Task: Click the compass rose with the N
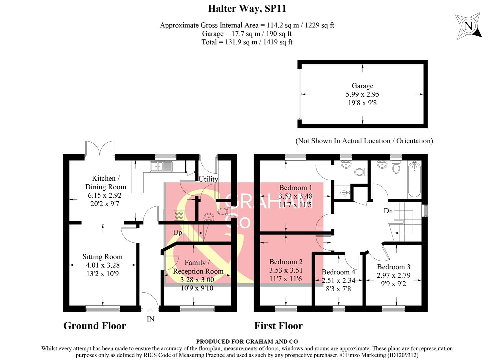coord(469,26)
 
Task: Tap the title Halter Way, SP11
coord(247,8)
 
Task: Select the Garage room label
coord(362,86)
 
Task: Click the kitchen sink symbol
coord(161,166)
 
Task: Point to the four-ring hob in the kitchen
coord(179,215)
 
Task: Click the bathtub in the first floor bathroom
coord(414,179)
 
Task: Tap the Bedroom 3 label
coord(394,267)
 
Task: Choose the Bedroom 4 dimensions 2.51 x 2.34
coord(338,281)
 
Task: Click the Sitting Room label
coord(102,257)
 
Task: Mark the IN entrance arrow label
coord(150,319)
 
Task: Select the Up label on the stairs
coord(177,232)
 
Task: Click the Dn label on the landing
coord(388,211)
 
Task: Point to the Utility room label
coord(208,179)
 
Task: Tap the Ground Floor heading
coord(95,326)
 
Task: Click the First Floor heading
coord(279,326)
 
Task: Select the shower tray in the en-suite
coord(343,192)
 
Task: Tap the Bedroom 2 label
coord(286,262)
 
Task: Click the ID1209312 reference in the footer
coord(403,355)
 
